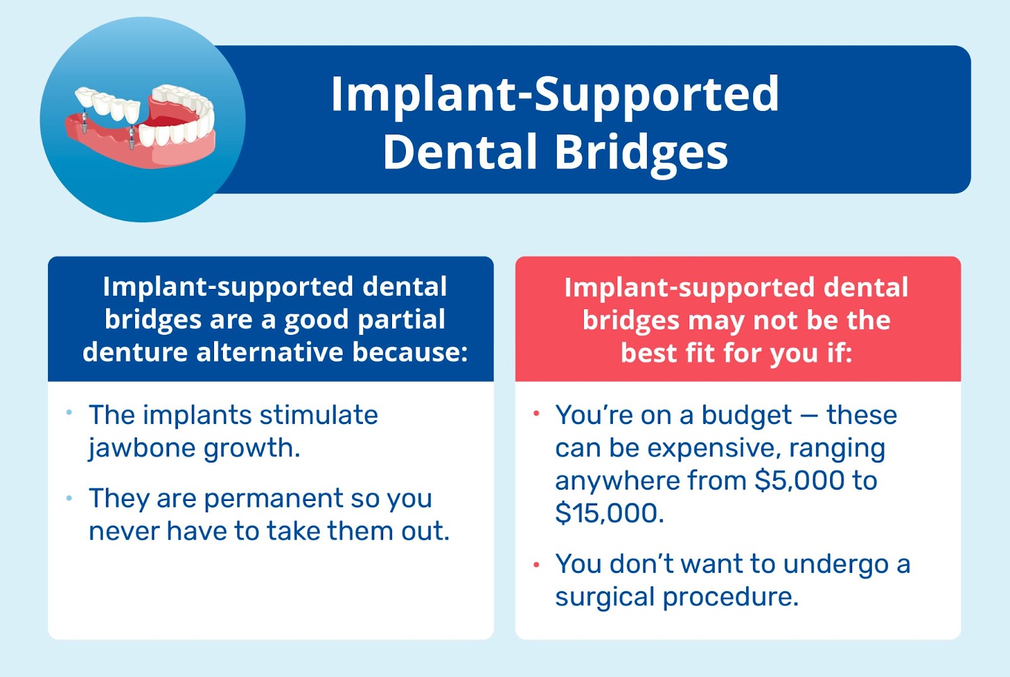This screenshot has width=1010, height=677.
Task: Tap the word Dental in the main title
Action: pyautogui.click(x=460, y=153)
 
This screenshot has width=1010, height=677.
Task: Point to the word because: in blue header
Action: pyautogui.click(x=410, y=352)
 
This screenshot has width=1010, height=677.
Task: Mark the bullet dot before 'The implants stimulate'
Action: pyautogui.click(x=69, y=413)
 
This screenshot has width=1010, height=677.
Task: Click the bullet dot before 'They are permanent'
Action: pyautogui.click(x=69, y=498)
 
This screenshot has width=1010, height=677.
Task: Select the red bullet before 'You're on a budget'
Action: pyautogui.click(x=536, y=414)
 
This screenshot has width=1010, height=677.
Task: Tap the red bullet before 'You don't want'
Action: pyautogui.click(x=536, y=565)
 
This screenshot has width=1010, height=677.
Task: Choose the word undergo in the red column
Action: pyautogui.click(x=836, y=565)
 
